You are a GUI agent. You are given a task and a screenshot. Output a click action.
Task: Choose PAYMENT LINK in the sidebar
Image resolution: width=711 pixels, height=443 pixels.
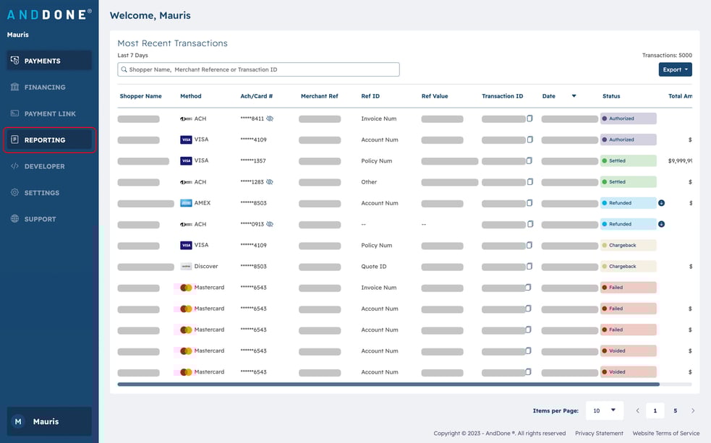coord(49,113)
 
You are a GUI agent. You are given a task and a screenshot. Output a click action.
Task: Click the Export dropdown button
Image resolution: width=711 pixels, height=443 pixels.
coord(675,69)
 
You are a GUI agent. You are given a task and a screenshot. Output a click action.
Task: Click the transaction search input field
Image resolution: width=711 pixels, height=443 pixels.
coord(258,69)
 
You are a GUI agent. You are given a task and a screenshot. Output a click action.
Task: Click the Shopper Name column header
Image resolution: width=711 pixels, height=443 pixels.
coord(140,96)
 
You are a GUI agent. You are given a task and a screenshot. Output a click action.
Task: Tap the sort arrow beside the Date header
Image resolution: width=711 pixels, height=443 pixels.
coord(574,96)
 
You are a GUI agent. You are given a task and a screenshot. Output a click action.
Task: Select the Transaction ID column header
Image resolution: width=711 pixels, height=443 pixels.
coord(502,96)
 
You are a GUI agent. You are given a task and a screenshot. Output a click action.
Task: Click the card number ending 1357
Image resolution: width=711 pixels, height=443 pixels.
coord(253,161)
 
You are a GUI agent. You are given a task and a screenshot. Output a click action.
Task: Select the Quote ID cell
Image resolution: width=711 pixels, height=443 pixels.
coord(374,267)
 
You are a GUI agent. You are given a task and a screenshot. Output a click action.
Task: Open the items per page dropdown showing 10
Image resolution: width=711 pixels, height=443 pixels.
coord(604,410)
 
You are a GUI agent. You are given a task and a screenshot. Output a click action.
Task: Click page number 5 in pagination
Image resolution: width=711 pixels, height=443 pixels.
coord(675,410)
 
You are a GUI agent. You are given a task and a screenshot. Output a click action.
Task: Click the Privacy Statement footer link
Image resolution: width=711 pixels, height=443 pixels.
coord(599,434)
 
